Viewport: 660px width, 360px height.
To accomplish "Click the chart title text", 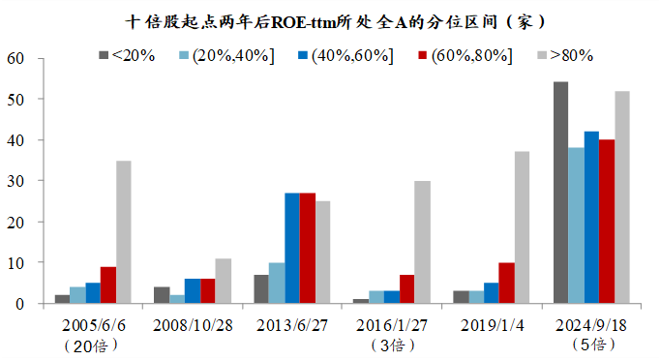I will pos(329,20).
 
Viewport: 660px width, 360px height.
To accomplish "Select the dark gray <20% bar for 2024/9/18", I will pos(560,193).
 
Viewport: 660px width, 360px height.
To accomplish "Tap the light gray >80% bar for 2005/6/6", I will pos(123,232).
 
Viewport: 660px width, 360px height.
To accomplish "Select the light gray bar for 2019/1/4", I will pos(522,227).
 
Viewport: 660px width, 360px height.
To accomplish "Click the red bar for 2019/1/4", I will pos(506,283).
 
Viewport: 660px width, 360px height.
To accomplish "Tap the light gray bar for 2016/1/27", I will pos(422,242).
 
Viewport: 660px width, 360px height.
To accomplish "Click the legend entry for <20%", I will pos(127,55).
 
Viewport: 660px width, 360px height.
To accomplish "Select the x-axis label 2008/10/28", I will pos(192,324).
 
